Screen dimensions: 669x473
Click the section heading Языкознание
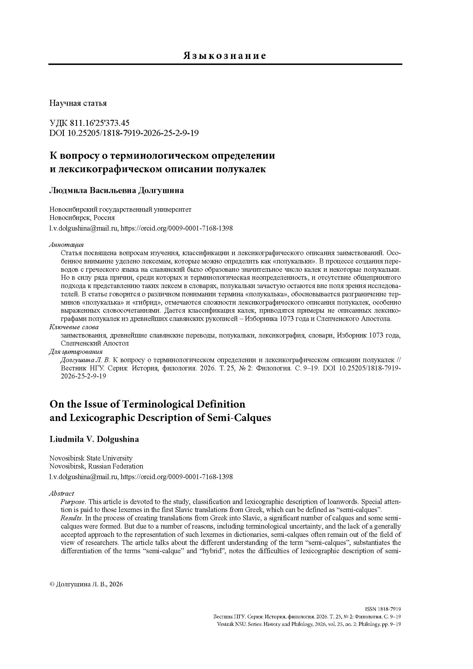click(x=224, y=56)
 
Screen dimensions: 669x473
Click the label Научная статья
click(x=78, y=103)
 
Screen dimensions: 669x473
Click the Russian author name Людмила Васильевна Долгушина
click(x=117, y=190)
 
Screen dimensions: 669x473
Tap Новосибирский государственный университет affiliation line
click(x=120, y=209)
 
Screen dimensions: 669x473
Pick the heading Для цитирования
click(x=76, y=352)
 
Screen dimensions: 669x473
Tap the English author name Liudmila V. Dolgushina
click(x=94, y=439)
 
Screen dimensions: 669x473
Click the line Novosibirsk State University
click(x=91, y=458)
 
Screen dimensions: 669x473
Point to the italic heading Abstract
click(x=61, y=493)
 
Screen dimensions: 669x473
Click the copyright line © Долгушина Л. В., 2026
click(x=86, y=584)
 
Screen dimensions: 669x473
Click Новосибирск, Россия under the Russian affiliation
click(x=82, y=218)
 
